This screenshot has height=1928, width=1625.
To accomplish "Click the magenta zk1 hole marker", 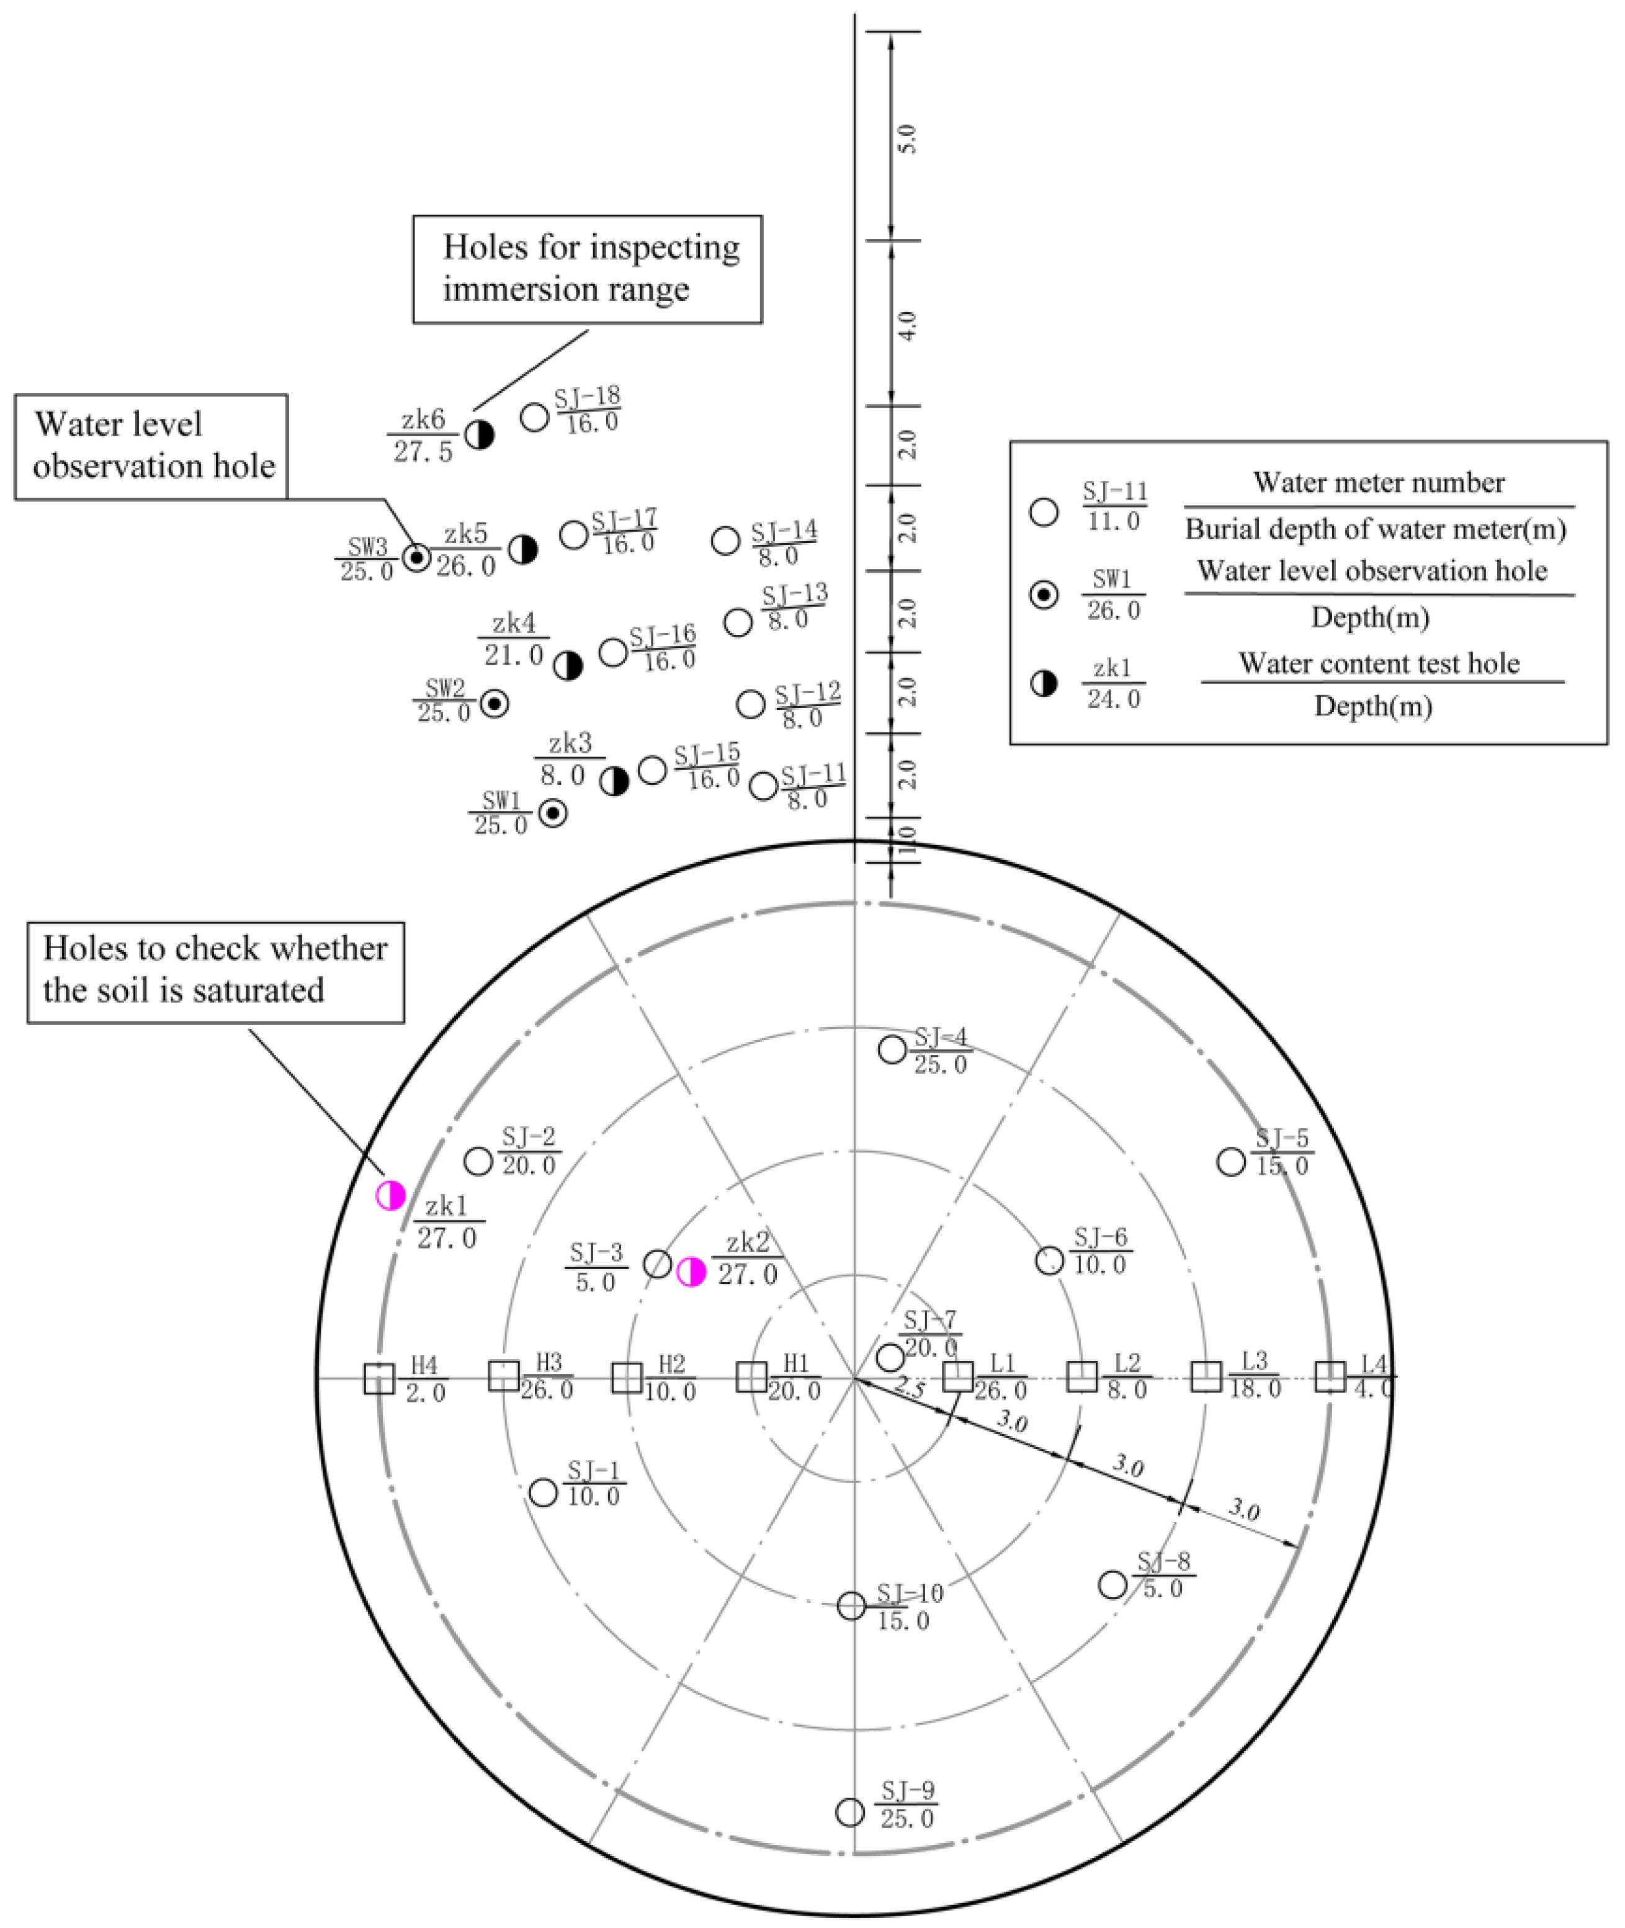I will pos(391,1195).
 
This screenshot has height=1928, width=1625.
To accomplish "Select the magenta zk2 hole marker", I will pos(691,1272).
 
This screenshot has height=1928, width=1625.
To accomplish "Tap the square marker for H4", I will pos(378,1378).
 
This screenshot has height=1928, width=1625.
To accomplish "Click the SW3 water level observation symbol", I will pos(416,557).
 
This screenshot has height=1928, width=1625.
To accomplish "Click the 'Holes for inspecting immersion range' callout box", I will pos(587,269).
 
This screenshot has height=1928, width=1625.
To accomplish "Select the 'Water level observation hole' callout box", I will pos(151,447).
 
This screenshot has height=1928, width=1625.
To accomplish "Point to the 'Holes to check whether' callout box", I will pos(215,972).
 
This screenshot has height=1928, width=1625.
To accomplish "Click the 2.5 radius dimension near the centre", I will pos(909,1390).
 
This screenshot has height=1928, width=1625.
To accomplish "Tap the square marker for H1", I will pos(752,1377).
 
